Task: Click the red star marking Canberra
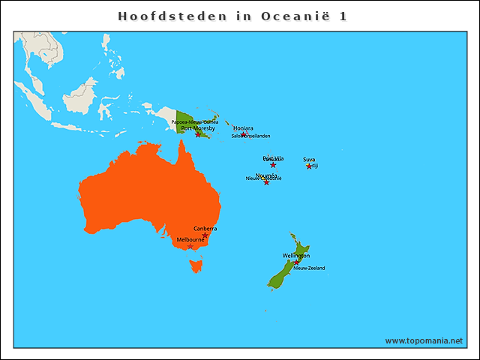tap(205, 235)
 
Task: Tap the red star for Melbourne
tap(190, 246)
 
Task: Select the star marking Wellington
tap(296, 262)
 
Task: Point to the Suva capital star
tap(309, 166)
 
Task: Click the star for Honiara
tap(244, 134)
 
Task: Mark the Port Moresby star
tap(198, 134)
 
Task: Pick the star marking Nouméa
tap(266, 182)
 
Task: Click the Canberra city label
tap(205, 228)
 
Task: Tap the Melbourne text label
tap(190, 239)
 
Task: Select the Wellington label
tap(296, 256)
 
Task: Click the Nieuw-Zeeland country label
tap(309, 268)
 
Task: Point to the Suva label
tap(309, 160)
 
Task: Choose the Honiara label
tap(243, 128)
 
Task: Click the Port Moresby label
tap(198, 128)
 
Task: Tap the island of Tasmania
tap(197, 264)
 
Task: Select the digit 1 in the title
tap(343, 16)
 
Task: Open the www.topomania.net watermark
tap(424, 340)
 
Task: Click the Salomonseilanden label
tap(250, 136)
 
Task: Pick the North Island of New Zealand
tap(299, 252)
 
